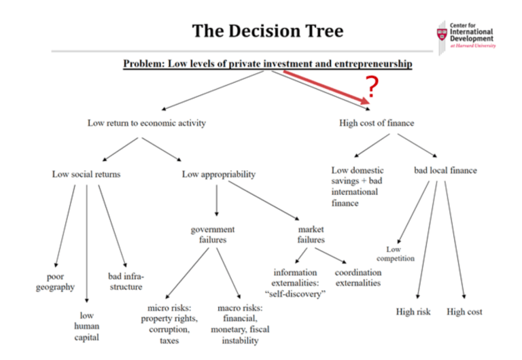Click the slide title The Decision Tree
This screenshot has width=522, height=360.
coord(267,31)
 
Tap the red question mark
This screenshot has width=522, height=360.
coord(371,87)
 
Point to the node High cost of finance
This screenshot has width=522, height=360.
coord(377,123)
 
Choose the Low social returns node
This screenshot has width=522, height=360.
coord(86,174)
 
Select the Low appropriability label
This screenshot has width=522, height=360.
coord(219,174)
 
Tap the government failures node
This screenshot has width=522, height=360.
coord(213,234)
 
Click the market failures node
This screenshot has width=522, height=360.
coord(311,234)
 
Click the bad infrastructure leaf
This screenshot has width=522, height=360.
coord(126,281)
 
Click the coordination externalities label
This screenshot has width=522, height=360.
coord(358,277)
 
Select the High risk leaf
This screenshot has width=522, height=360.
coord(414,312)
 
